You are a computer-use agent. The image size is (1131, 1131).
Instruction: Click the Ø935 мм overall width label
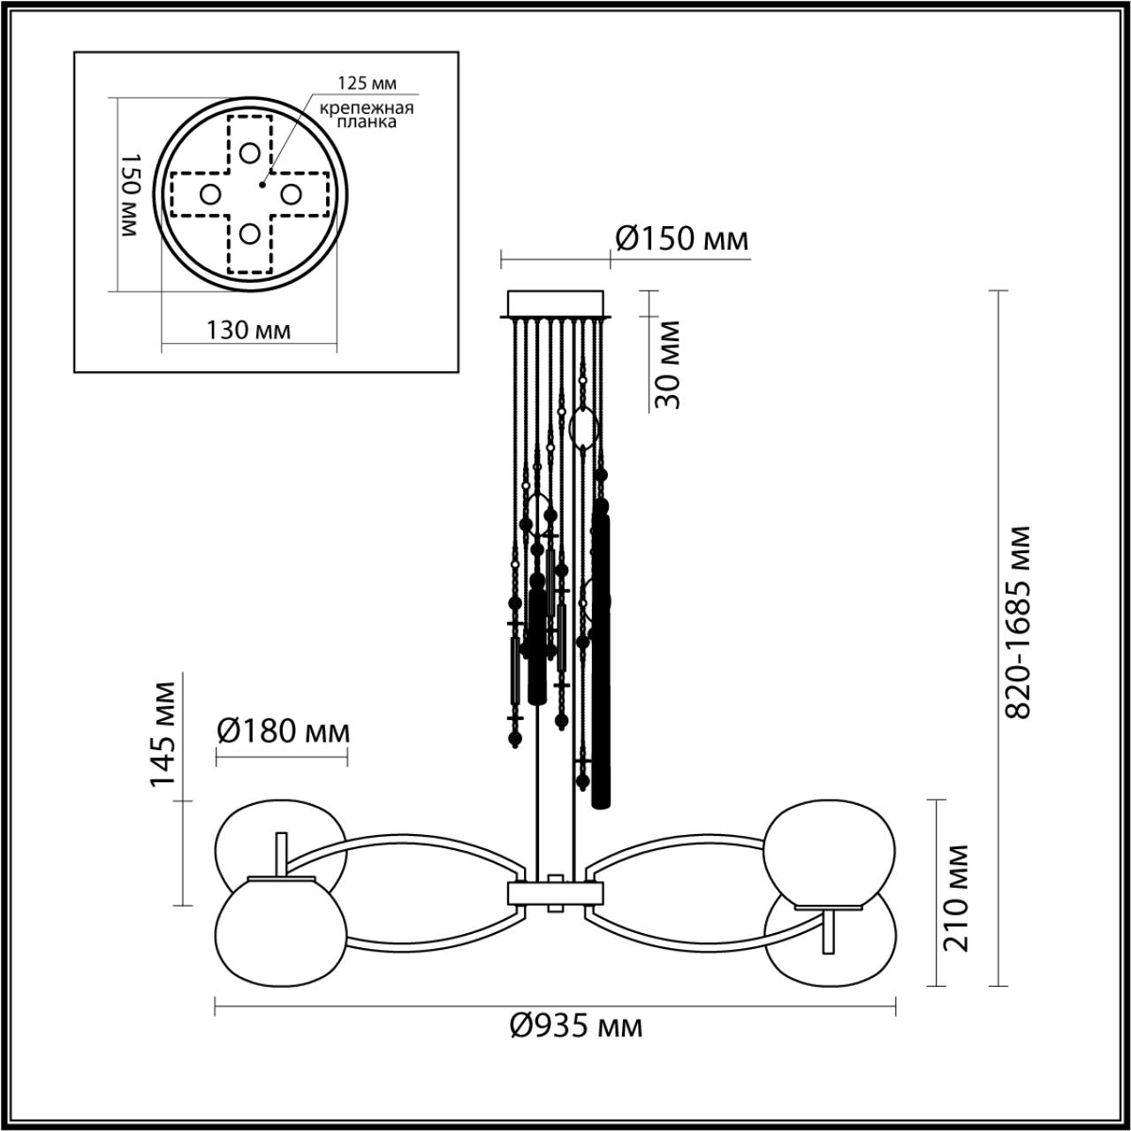pyautogui.click(x=575, y=1026)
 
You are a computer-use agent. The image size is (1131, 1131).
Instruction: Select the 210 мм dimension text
pyautogui.click(x=956, y=897)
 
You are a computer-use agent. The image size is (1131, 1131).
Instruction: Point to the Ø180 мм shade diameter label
pyautogui.click(x=283, y=732)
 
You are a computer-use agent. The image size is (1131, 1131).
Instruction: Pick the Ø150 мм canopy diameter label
pyautogui.click(x=680, y=239)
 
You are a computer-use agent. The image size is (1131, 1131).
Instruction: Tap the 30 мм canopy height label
pyautogui.click(x=669, y=364)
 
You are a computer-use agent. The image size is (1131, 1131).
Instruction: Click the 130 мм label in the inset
pyautogui.click(x=248, y=330)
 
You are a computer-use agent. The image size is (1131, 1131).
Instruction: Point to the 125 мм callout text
pyautogui.click(x=367, y=83)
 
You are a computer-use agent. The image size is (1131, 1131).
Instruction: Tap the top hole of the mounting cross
pyautogui.click(x=250, y=153)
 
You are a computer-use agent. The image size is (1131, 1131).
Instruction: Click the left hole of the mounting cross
pyautogui.click(x=209, y=194)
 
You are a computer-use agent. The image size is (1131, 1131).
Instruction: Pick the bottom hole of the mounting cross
pyautogui.click(x=250, y=234)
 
